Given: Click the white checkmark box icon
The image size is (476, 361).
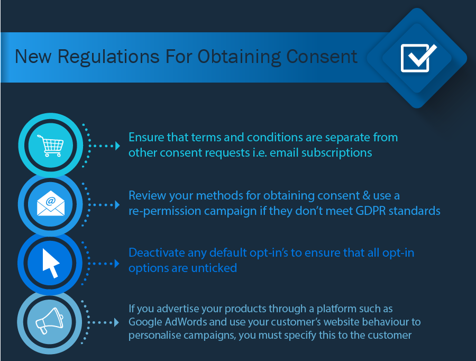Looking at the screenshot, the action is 418,58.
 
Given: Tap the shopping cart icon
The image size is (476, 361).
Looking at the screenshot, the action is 50,146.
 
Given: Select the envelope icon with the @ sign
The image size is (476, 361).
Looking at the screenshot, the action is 50,203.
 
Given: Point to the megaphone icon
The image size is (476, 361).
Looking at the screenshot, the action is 50,321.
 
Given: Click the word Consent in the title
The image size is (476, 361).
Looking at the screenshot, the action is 322,56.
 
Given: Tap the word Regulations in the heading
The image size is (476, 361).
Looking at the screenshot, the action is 108,57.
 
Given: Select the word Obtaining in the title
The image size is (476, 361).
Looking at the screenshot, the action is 239,57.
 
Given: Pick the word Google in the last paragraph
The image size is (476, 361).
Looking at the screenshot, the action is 145,322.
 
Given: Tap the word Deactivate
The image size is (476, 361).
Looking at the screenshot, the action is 157,252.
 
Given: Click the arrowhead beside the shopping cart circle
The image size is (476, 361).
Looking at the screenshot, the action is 117,146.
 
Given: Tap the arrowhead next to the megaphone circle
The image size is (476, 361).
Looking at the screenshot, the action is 116,322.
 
